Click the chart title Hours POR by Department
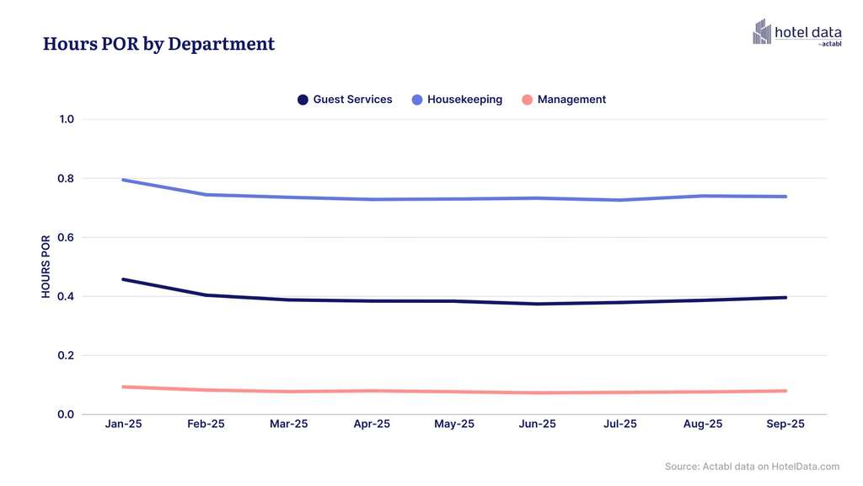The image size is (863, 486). [158, 44]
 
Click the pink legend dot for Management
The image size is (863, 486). [528, 100]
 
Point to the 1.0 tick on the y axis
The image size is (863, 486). [67, 120]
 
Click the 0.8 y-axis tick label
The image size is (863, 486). [67, 179]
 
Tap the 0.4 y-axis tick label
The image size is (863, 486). [67, 297]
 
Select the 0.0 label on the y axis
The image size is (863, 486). [67, 414]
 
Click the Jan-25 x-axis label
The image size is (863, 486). [123, 424]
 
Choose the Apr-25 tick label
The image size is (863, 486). [372, 424]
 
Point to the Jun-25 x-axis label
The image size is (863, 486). [537, 424]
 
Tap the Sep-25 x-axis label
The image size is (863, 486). [785, 424]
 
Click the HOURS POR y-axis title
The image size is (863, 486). [46, 267]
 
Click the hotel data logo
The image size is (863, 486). [796, 32]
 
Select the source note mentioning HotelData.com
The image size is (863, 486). [752, 467]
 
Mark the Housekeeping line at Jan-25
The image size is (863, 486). [123, 180]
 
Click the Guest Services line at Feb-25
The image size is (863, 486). [206, 295]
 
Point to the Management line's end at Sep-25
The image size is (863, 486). [785, 391]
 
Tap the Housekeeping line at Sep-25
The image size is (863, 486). [785, 197]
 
